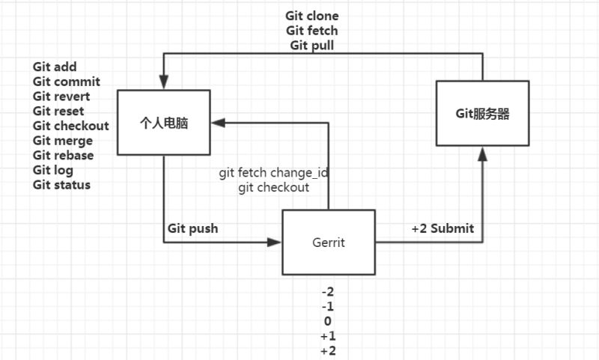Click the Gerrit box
click(329, 242)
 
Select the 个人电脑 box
click(164, 123)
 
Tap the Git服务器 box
click(483, 114)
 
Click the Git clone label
click(312, 16)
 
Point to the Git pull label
click(312, 45)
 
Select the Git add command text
click(55, 67)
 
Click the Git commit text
click(66, 82)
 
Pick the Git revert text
click(61, 97)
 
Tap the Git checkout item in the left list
click(70, 126)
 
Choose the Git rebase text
click(63, 155)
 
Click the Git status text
click(61, 184)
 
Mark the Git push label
click(192, 228)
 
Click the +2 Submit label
click(443, 228)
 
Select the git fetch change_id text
click(274, 172)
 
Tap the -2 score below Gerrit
click(328, 292)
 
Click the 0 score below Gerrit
click(328, 321)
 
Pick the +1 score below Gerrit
click(328, 336)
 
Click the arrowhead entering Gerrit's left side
click(276, 242)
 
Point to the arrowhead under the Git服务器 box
click(483, 153)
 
